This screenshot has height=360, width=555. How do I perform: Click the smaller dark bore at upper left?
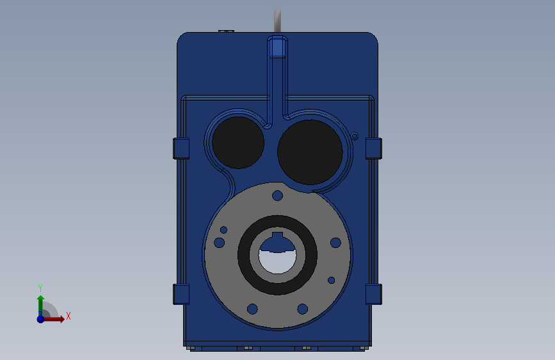tap(237, 142)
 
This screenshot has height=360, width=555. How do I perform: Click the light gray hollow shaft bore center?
tap(277, 259)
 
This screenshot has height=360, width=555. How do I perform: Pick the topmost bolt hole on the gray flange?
tap(277, 195)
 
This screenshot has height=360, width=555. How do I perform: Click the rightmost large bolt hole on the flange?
tap(335, 243)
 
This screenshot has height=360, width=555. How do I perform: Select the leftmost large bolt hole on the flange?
tap(219, 243)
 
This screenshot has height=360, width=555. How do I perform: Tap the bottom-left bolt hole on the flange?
tap(252, 309)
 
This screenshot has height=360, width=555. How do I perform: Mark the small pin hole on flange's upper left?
tap(224, 229)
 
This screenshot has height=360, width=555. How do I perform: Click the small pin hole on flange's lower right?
tap(331, 280)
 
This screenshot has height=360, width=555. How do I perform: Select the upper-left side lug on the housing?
tap(182, 148)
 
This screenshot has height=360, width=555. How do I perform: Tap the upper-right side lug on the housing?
tap(373, 148)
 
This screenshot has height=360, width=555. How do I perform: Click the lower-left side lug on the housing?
tap(182, 294)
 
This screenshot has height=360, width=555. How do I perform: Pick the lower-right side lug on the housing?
tap(373, 294)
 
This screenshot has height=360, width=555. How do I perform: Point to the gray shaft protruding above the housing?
tap(277, 20)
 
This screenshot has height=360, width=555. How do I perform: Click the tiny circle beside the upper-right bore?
tap(354, 135)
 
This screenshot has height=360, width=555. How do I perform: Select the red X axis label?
tap(68, 316)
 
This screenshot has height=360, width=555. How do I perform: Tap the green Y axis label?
tap(40, 288)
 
